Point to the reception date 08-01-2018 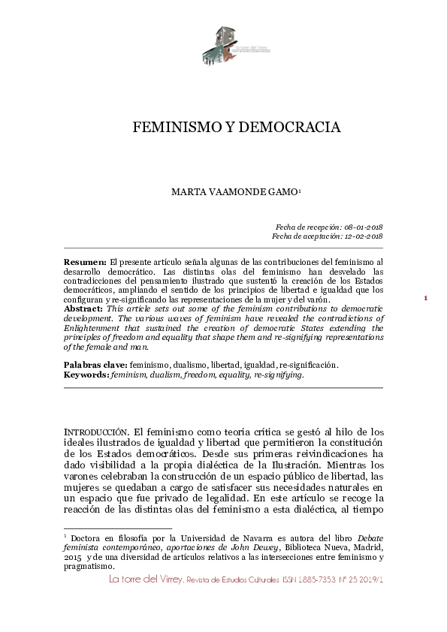(x=361, y=227)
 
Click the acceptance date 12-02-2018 (x=361, y=236)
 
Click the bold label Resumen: (x=85, y=260)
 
